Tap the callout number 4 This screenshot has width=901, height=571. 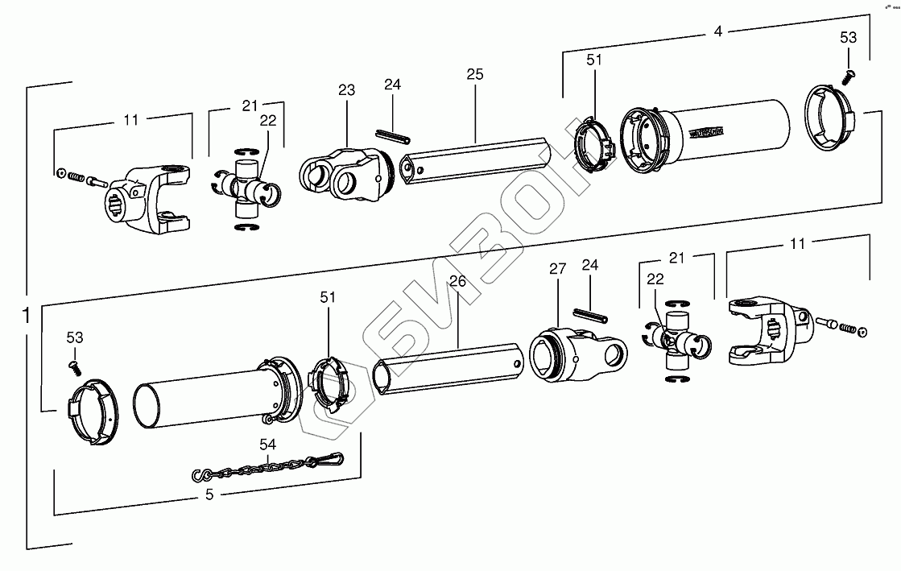(717, 33)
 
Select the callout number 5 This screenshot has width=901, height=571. (209, 495)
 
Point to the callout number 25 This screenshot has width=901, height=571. (474, 74)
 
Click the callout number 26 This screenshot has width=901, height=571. (457, 282)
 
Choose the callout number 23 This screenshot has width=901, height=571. (346, 91)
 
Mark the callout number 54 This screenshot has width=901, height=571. (267, 444)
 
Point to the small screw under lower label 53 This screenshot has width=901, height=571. (74, 366)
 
